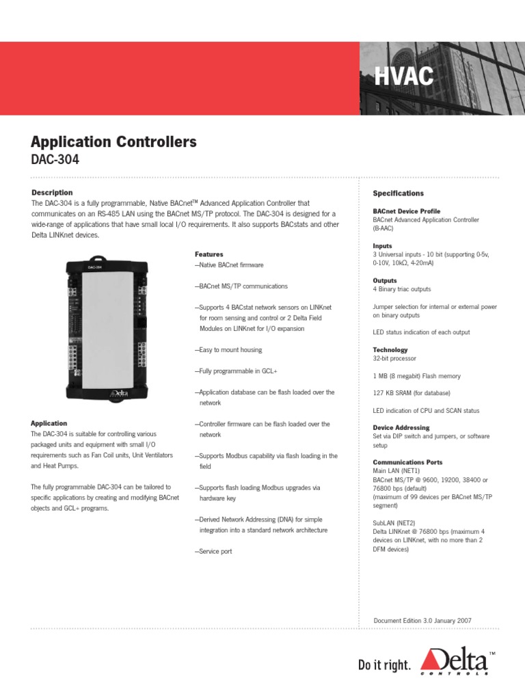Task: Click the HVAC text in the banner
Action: click(404, 77)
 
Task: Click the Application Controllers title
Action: click(113, 142)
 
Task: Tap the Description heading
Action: click(52, 193)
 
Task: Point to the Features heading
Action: click(208, 254)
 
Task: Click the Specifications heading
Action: click(398, 193)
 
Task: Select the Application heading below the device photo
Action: click(49, 423)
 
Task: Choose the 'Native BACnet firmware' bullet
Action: click(229, 265)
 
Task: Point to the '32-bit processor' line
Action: click(394, 358)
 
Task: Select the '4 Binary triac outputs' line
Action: click(402, 289)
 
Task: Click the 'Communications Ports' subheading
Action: click(407, 462)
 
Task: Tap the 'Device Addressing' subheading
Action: click(401, 428)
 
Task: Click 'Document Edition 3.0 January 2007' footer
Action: click(422, 621)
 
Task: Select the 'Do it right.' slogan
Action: click(385, 665)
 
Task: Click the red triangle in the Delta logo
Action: click(433, 659)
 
